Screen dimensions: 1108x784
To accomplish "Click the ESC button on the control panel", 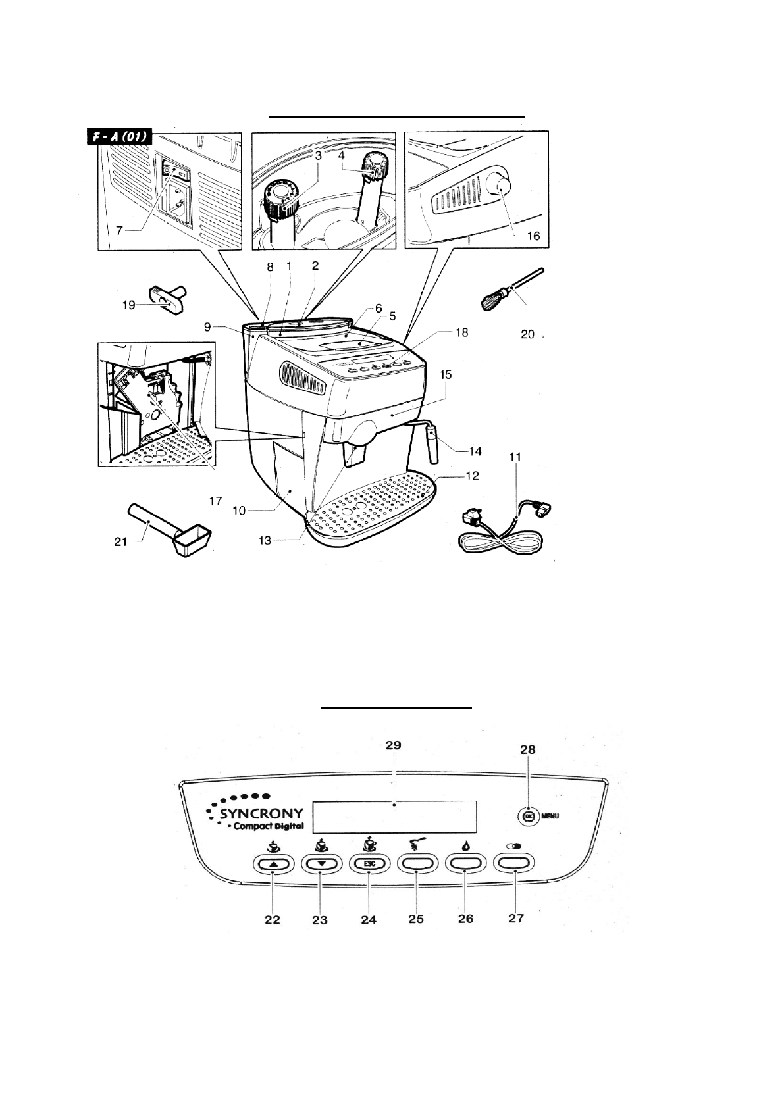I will click(x=369, y=863).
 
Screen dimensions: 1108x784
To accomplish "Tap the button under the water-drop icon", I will click(x=465, y=863).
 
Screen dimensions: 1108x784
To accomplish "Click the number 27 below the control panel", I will click(x=516, y=917).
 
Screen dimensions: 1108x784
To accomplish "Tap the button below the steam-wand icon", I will click(x=417, y=863).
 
